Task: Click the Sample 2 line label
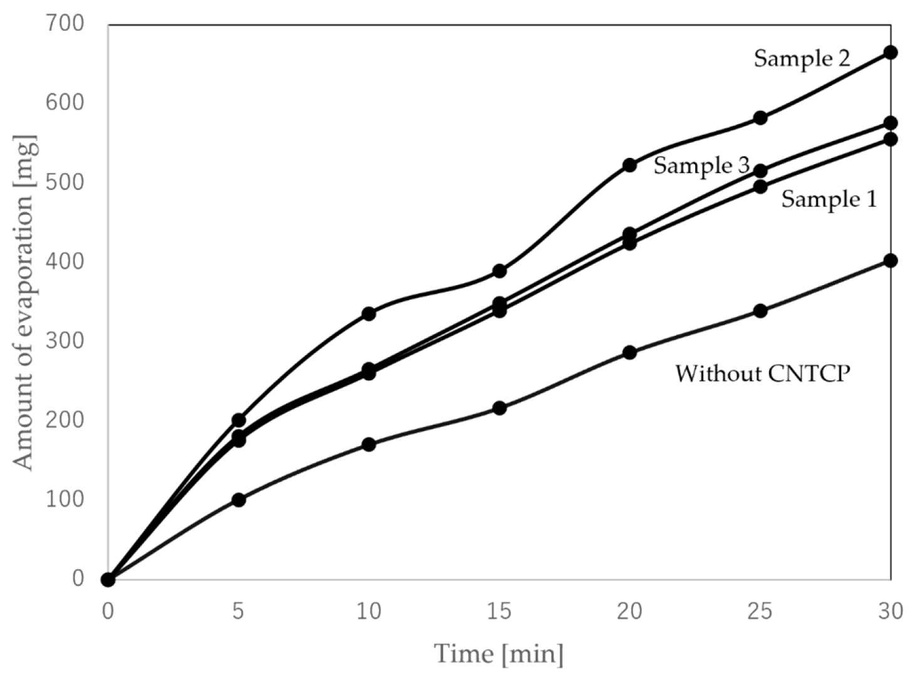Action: coord(802,59)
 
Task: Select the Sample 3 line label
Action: coord(702,166)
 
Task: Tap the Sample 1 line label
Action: coord(829,199)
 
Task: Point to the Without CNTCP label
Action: coord(763,374)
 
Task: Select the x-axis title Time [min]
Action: coord(499,654)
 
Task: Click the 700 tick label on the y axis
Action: coord(65,24)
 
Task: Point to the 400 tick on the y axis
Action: coord(65,262)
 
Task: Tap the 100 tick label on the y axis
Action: coord(65,499)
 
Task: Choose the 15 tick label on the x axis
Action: coord(499,612)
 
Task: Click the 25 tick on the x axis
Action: coord(760,612)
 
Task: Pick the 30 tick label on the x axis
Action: coord(891,612)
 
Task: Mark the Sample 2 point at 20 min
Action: coord(629,165)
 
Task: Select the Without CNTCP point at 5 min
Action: coord(238,500)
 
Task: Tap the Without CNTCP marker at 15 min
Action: coord(500,408)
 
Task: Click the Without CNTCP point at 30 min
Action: coord(890,261)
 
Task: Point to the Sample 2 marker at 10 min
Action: coord(369,313)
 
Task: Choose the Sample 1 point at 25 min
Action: coord(760,187)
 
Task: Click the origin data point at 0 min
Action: coord(108,580)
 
